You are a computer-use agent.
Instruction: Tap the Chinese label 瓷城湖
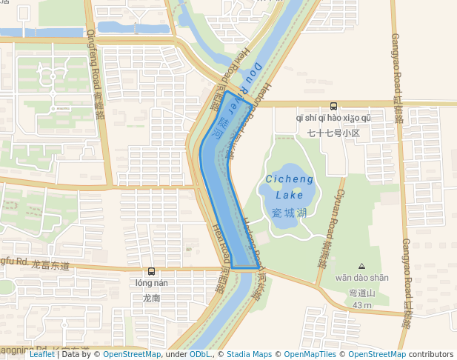pos(289,213)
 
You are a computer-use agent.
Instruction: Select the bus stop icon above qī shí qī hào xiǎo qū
pos(333,106)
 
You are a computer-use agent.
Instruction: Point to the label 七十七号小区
pos(333,133)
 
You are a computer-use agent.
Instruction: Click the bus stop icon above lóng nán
pos(152,271)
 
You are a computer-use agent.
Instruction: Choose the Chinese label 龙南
pos(152,298)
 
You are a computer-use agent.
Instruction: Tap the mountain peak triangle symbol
pos(361,266)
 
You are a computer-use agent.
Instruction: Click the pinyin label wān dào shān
pos(361,278)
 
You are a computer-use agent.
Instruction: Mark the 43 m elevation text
pos(361,305)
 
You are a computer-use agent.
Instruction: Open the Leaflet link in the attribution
pos(42,354)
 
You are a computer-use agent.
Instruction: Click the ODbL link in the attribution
pos(199,354)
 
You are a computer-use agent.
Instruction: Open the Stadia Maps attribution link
pos(249,354)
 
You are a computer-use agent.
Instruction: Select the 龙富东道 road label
pos(50,264)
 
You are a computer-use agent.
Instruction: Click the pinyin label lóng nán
pos(152,282)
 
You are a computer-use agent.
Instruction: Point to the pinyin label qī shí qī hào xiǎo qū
pos(333,118)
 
